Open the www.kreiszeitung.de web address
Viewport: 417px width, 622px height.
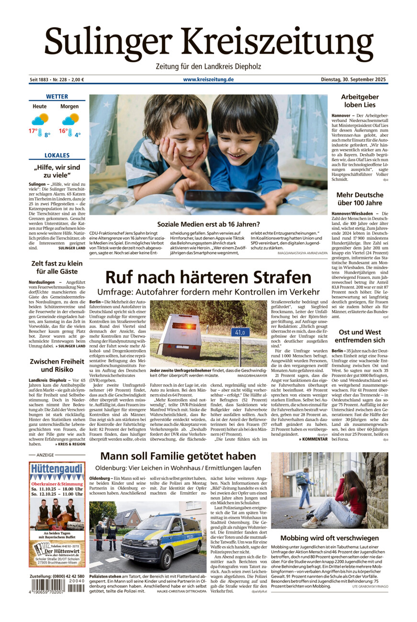pyautogui.click(x=208, y=79)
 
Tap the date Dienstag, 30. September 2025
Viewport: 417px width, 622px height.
pyautogui.click(x=354, y=79)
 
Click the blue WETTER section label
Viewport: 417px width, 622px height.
pyautogui.click(x=57, y=97)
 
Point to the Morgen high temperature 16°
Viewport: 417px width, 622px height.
pyautogui.click(x=63, y=131)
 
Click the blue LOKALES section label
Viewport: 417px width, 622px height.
pyautogui.click(x=57, y=155)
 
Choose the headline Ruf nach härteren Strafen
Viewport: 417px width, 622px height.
pyautogui.click(x=208, y=278)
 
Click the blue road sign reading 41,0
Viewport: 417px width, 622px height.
pyautogui.click(x=240, y=332)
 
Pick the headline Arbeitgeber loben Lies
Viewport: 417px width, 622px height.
pyautogui.click(x=360, y=100)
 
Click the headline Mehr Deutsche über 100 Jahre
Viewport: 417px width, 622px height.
pyautogui.click(x=360, y=199)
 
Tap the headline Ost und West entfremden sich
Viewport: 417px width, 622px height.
pyautogui.click(x=360, y=336)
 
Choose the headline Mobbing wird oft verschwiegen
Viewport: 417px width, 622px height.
pyautogui.click(x=329, y=538)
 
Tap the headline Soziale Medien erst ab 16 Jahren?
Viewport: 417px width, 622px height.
pyautogui.click(x=208, y=224)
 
